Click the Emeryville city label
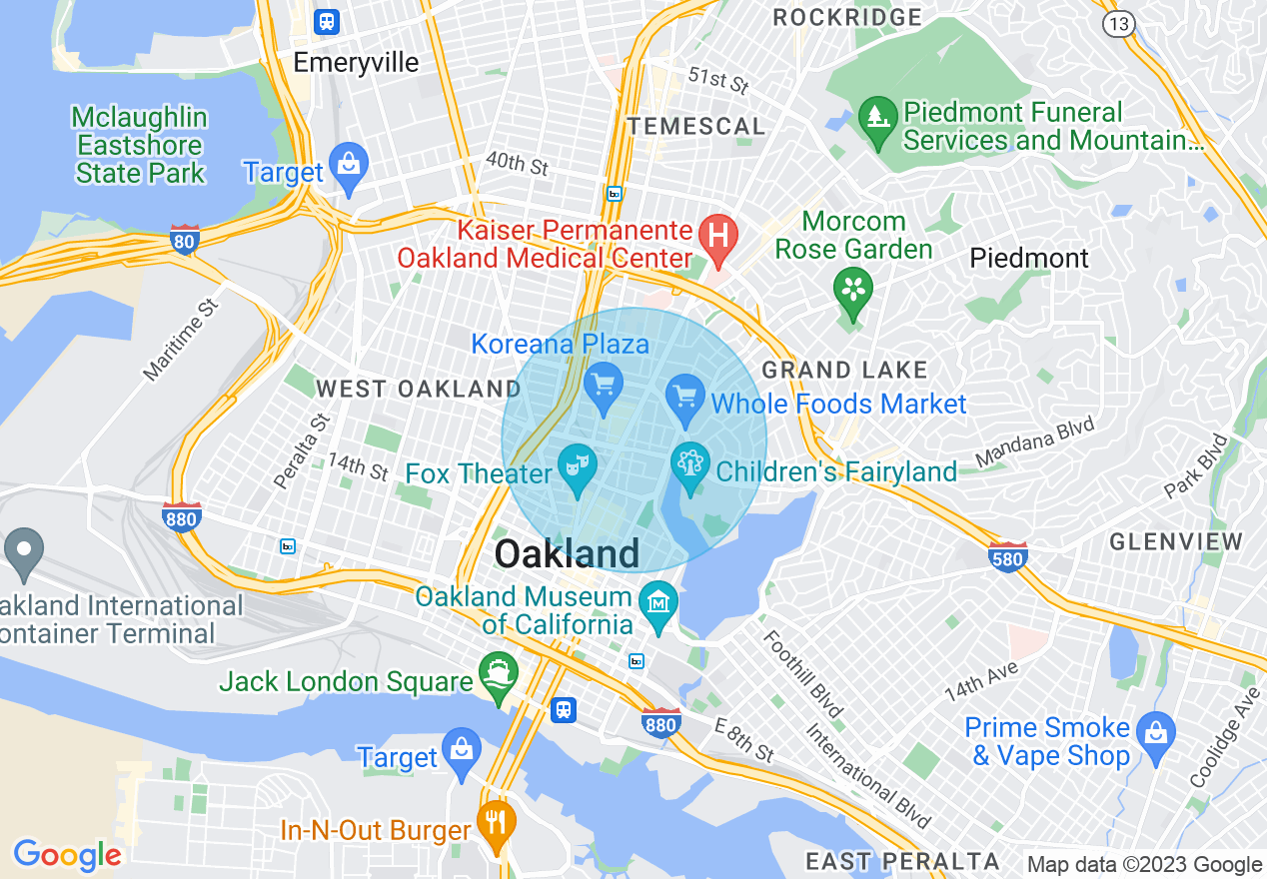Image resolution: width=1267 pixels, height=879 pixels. [x=356, y=62]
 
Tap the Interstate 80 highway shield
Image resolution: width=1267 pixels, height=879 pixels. [x=184, y=240]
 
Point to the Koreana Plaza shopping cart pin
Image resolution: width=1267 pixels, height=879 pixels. [x=604, y=386]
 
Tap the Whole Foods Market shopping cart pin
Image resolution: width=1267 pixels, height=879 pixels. [x=685, y=398]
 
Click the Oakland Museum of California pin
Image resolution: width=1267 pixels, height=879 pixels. [x=659, y=604]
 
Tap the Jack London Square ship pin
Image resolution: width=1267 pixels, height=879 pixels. [x=498, y=676]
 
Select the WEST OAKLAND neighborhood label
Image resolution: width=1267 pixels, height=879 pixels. [x=418, y=389]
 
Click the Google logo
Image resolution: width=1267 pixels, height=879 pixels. [x=67, y=855]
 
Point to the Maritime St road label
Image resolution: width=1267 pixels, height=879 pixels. [x=180, y=339]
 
